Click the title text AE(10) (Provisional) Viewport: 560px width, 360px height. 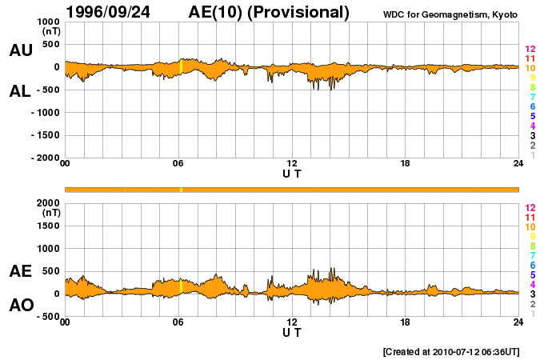pos(269,12)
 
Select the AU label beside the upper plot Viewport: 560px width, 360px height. pos(20,50)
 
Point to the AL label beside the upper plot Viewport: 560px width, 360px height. pos(20,91)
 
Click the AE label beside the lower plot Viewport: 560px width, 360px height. pos(20,271)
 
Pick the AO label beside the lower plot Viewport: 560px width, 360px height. pos(20,306)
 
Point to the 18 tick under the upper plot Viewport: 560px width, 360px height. pos(405,164)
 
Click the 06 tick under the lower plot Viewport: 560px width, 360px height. pos(178,322)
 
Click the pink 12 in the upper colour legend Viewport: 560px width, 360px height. pos(530,49)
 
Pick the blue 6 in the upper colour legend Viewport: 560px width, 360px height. pos(532,106)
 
